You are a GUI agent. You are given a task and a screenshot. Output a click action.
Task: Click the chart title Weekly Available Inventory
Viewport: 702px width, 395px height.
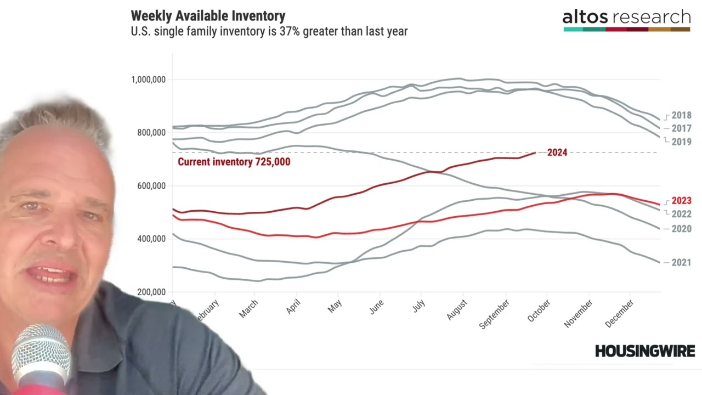point(208,15)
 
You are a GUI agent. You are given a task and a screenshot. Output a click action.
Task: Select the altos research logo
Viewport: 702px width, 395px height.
point(626,20)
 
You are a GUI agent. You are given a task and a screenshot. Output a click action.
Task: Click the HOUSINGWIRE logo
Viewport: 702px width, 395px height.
point(644,351)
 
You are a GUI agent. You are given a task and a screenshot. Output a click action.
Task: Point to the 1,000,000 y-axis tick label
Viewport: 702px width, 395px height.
point(148,80)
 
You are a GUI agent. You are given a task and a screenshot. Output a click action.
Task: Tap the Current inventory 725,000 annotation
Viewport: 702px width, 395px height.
point(234,162)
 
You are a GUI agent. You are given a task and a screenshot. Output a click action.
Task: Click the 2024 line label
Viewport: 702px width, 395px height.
point(557,153)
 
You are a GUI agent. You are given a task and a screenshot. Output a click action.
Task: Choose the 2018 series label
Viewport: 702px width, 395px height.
point(681,116)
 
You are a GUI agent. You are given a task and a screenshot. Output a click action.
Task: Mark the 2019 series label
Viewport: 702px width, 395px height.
point(681,142)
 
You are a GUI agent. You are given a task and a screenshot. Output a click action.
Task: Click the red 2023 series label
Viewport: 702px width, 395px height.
point(681,201)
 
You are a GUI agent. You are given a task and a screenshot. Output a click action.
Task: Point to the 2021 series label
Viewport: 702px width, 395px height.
point(681,263)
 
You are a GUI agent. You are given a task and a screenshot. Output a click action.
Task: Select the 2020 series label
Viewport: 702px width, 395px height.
point(681,229)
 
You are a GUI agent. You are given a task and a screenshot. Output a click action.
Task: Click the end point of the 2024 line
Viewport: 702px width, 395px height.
point(535,153)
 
